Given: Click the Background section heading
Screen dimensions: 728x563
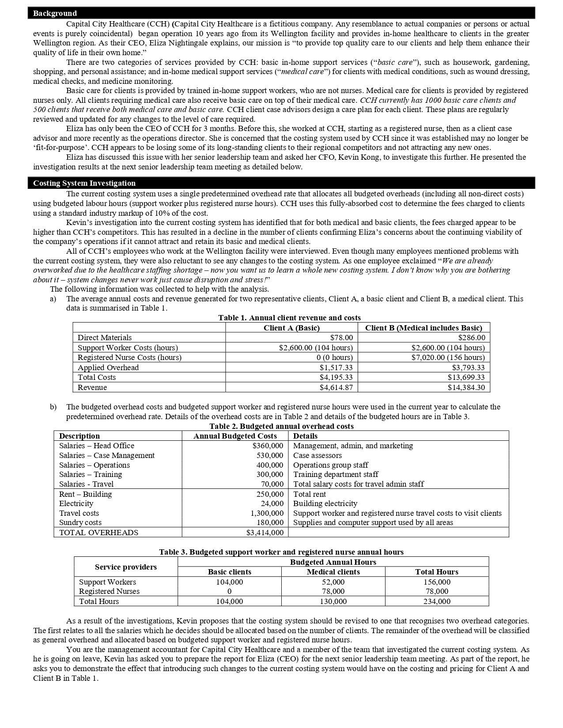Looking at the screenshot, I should point(55,13).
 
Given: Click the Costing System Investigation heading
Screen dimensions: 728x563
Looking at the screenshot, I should point(84,183).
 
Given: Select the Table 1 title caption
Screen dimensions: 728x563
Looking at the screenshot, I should point(289,318).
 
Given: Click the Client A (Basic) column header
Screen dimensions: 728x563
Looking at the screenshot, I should point(291,328).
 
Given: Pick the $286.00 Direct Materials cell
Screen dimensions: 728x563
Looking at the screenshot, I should point(472,338).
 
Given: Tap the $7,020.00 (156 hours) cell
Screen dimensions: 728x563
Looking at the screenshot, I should point(448,357).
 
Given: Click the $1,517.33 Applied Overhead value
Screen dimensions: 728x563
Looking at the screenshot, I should point(336,368).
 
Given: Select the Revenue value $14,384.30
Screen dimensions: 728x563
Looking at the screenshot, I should point(466,387).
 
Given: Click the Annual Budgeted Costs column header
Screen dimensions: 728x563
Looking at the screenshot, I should point(235,436).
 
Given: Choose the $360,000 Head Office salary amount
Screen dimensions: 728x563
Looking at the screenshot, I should point(268,446).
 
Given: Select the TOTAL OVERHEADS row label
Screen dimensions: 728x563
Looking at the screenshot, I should point(98,533).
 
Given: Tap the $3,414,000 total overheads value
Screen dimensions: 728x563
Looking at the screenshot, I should point(264,533).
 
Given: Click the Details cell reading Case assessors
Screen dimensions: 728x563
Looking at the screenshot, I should point(317,455).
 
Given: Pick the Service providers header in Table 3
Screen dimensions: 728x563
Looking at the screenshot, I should point(126,567).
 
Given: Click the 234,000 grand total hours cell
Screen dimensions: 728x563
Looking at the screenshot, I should point(437,601).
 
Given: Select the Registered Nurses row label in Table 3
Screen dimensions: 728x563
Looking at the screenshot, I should point(109,591).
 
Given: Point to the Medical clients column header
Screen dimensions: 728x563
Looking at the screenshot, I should point(333,572).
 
